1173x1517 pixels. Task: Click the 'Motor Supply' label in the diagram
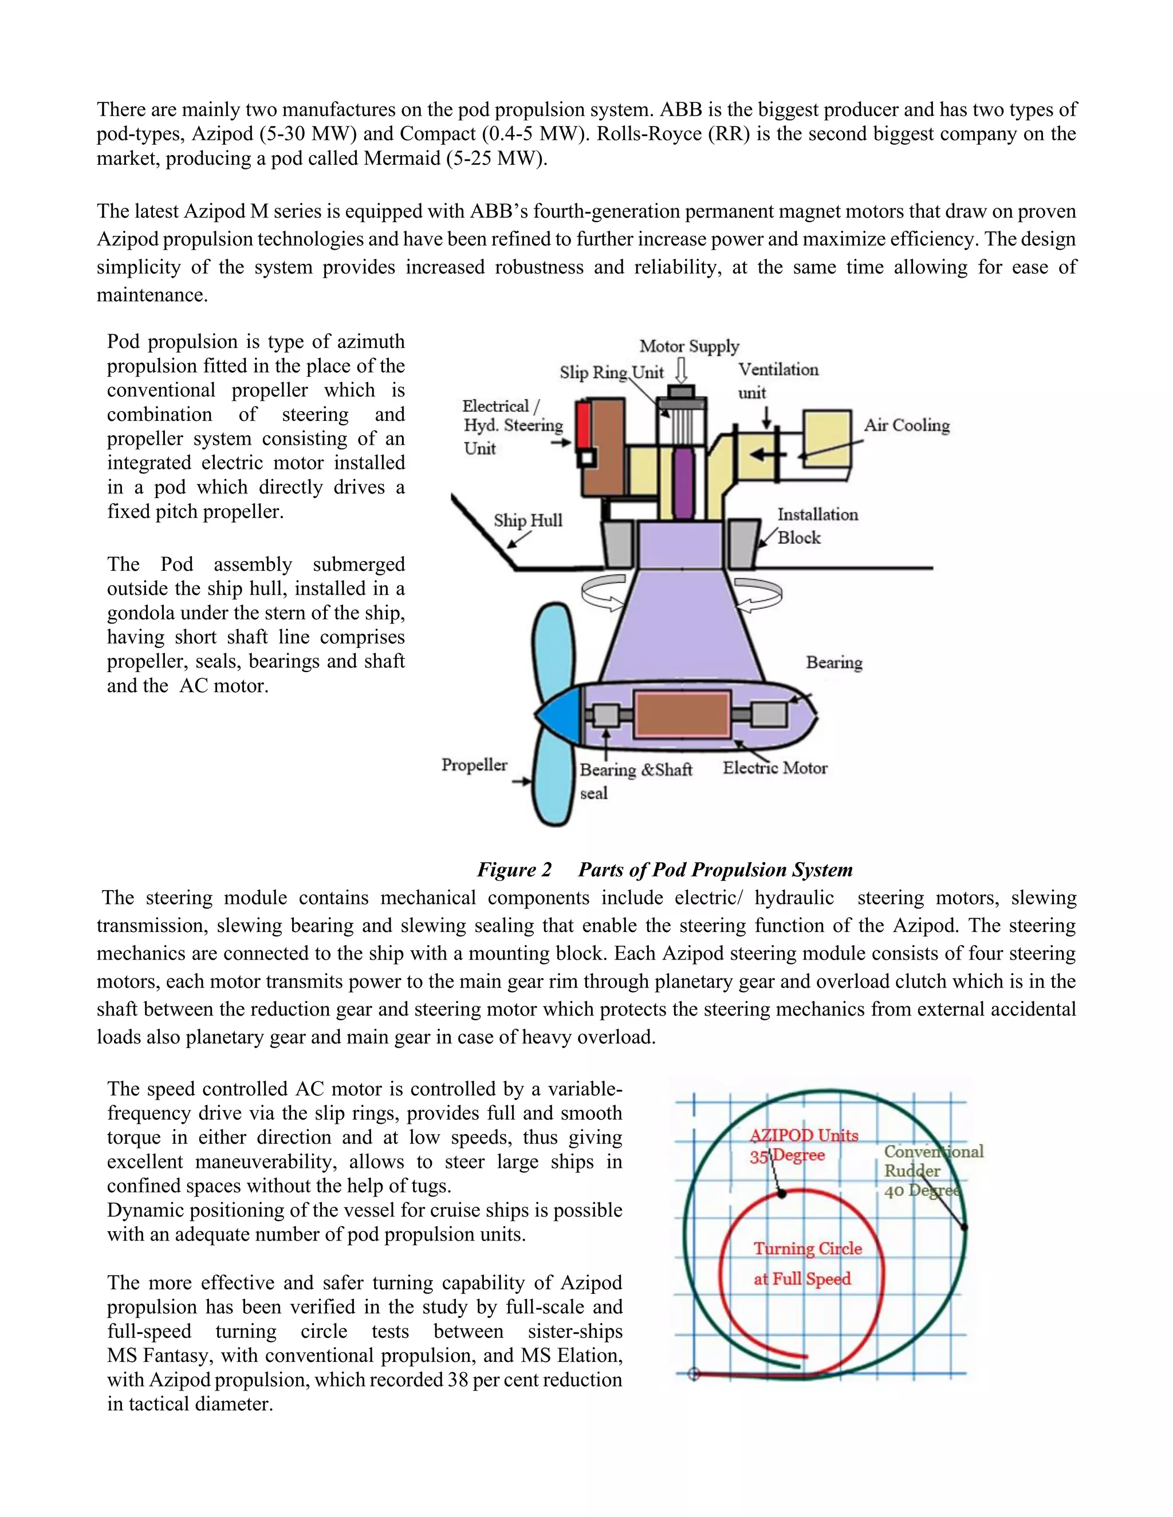[688, 346]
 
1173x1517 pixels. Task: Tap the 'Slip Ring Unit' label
[612, 372]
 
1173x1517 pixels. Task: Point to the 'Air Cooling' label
[906, 425]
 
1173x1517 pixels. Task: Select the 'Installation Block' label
[817, 526]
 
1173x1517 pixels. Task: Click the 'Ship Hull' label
[528, 520]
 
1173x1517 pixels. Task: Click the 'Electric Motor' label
[774, 768]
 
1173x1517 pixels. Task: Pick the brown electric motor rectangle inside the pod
[682, 713]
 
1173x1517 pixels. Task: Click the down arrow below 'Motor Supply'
[682, 370]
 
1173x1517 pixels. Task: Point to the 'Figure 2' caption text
[514, 870]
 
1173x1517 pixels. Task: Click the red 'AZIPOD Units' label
[804, 1136]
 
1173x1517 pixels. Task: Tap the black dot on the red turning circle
[782, 1194]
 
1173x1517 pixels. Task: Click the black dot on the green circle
[964, 1227]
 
